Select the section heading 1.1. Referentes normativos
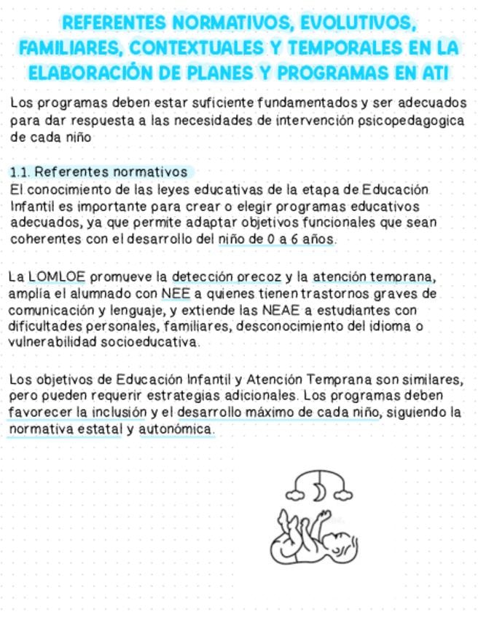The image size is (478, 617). click(99, 172)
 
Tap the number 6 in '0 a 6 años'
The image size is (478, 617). click(295, 238)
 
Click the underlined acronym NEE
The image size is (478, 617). click(177, 293)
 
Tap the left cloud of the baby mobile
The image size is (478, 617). click(295, 495)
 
